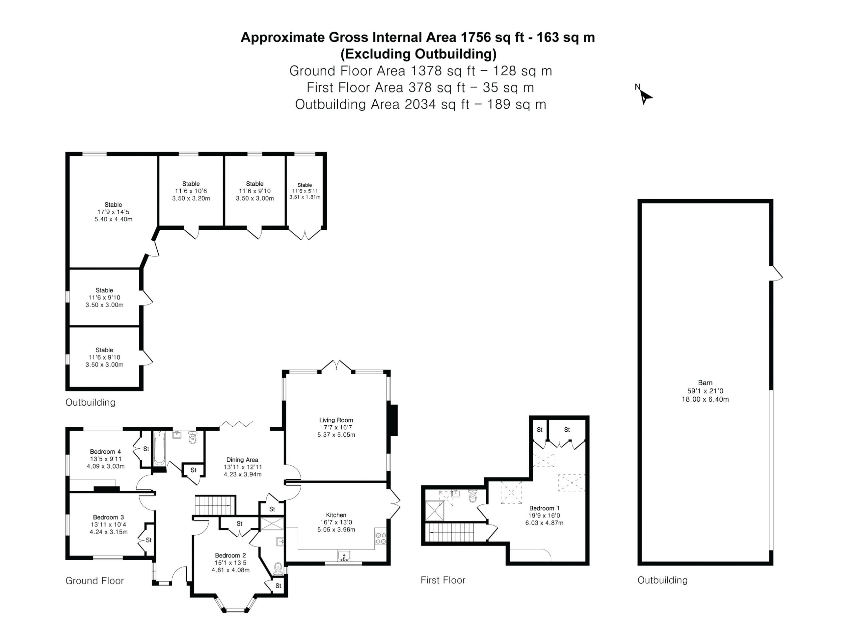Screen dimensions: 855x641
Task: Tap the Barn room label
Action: click(705, 383)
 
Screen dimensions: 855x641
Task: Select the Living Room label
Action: click(336, 420)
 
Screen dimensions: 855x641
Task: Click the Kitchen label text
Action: click(336, 515)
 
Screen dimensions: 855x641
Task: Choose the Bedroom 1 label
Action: click(544, 508)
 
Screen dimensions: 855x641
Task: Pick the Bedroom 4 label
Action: click(105, 452)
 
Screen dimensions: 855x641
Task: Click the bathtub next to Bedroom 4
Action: click(159, 449)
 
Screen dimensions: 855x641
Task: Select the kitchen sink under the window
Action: click(344, 556)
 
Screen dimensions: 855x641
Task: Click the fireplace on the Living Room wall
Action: click(393, 420)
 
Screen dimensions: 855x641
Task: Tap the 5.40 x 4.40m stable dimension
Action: click(113, 219)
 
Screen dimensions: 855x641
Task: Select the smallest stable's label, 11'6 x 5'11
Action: click(305, 191)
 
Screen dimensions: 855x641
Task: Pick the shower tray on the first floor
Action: click(435, 511)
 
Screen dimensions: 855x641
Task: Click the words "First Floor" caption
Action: click(443, 580)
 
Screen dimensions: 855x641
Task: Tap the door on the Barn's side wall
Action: click(776, 273)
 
